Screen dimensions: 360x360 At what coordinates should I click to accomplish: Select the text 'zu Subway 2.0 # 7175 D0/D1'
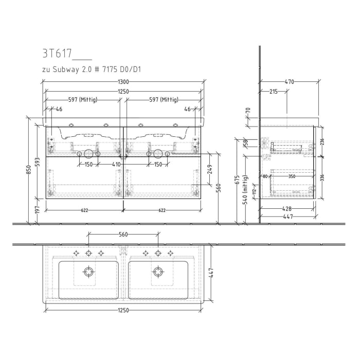tap(91, 68)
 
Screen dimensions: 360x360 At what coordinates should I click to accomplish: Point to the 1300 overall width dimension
tap(123, 82)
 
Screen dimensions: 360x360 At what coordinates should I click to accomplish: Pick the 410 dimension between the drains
tap(116, 165)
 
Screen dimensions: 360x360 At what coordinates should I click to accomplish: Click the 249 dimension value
tap(210, 169)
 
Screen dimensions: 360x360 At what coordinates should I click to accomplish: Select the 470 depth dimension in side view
tap(289, 82)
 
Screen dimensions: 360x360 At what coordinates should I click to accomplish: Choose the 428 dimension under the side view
tap(287, 209)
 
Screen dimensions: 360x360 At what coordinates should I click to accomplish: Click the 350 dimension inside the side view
tap(292, 176)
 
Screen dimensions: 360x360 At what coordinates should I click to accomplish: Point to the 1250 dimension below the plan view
tap(123, 311)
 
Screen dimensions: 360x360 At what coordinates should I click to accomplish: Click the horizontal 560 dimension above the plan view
tap(123, 235)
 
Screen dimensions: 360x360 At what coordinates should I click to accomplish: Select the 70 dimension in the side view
tap(247, 110)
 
